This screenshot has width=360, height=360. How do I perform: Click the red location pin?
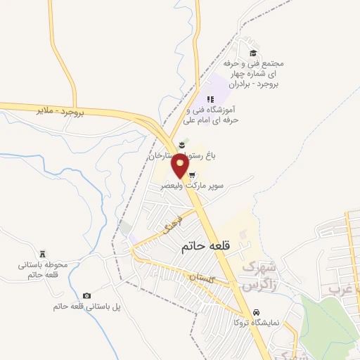tap(181, 167)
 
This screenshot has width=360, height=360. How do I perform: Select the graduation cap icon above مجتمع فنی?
tap(253, 53)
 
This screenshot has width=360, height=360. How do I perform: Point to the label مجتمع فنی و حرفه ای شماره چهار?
tap(251, 74)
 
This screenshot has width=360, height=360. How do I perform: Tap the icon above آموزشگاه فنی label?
tap(209, 99)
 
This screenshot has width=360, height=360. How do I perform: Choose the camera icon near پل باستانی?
tap(86, 296)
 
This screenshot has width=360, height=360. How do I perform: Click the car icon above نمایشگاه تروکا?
tap(257, 311)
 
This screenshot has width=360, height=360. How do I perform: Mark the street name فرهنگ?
tap(171, 226)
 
